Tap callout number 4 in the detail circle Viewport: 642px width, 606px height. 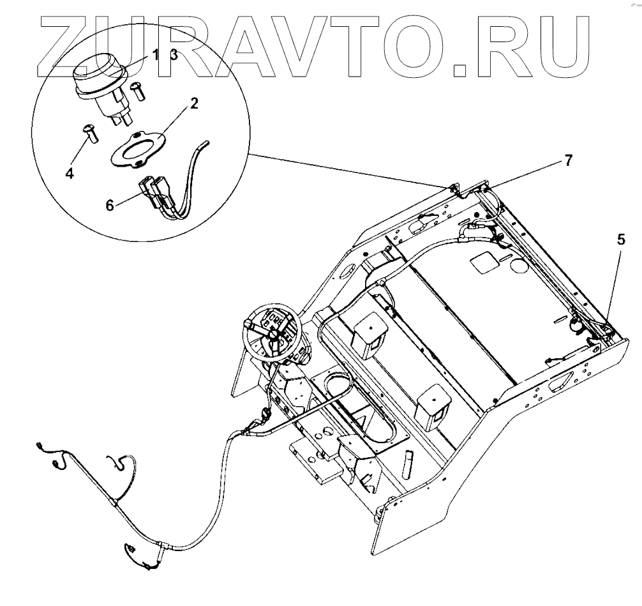tap(69, 173)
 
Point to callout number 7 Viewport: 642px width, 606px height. tap(568, 161)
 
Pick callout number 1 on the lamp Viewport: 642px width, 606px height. tap(155, 55)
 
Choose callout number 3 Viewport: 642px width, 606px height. tap(173, 55)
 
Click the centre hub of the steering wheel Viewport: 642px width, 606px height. tap(272, 333)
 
